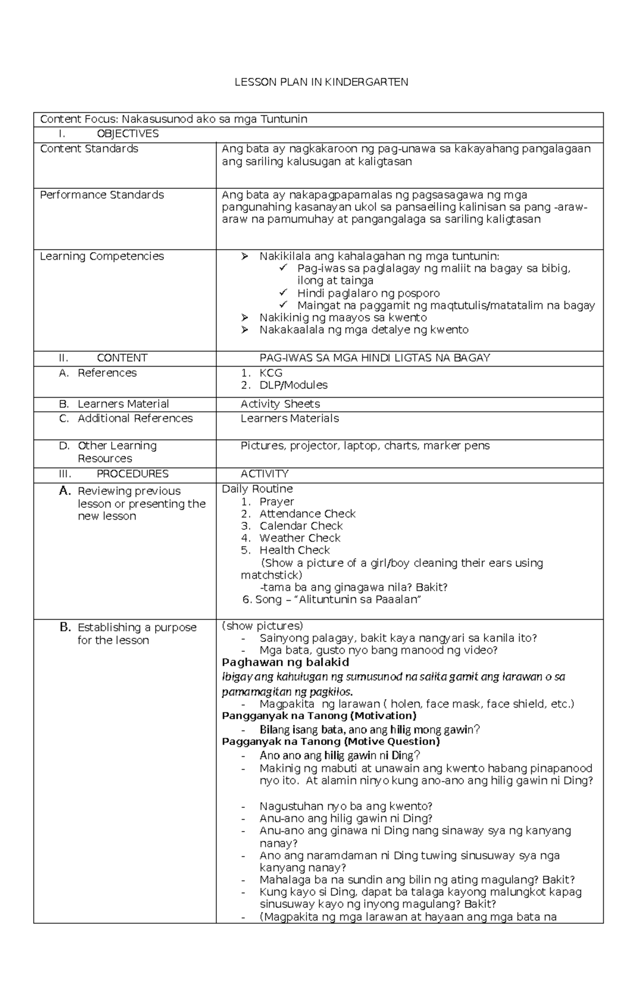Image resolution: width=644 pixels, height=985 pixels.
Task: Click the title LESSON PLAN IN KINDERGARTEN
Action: point(321,82)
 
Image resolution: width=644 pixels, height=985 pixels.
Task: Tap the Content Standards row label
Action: point(89,149)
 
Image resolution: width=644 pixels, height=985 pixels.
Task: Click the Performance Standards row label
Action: point(102,195)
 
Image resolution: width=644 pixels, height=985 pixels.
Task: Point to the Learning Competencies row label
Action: point(102,257)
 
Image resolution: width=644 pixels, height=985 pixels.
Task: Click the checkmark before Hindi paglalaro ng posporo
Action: point(283,293)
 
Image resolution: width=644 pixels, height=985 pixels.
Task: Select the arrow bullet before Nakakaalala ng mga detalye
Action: point(245,330)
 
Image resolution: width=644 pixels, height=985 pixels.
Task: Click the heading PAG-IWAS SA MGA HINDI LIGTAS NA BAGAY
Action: point(375,358)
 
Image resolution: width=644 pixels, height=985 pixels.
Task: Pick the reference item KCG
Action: point(270,373)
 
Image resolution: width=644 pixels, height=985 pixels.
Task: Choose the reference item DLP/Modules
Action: point(293,385)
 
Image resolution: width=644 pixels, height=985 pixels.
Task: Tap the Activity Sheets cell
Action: point(280,404)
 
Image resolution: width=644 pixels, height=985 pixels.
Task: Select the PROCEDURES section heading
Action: point(133,474)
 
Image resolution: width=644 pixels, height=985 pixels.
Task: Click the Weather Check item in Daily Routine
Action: point(299,538)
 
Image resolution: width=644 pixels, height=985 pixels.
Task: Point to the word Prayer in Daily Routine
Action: point(276,502)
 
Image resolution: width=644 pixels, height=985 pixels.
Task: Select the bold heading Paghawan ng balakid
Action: point(286,662)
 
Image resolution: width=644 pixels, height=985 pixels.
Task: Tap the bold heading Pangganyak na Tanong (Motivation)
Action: point(319,716)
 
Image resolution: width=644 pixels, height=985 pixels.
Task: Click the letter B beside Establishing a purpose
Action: point(65,627)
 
